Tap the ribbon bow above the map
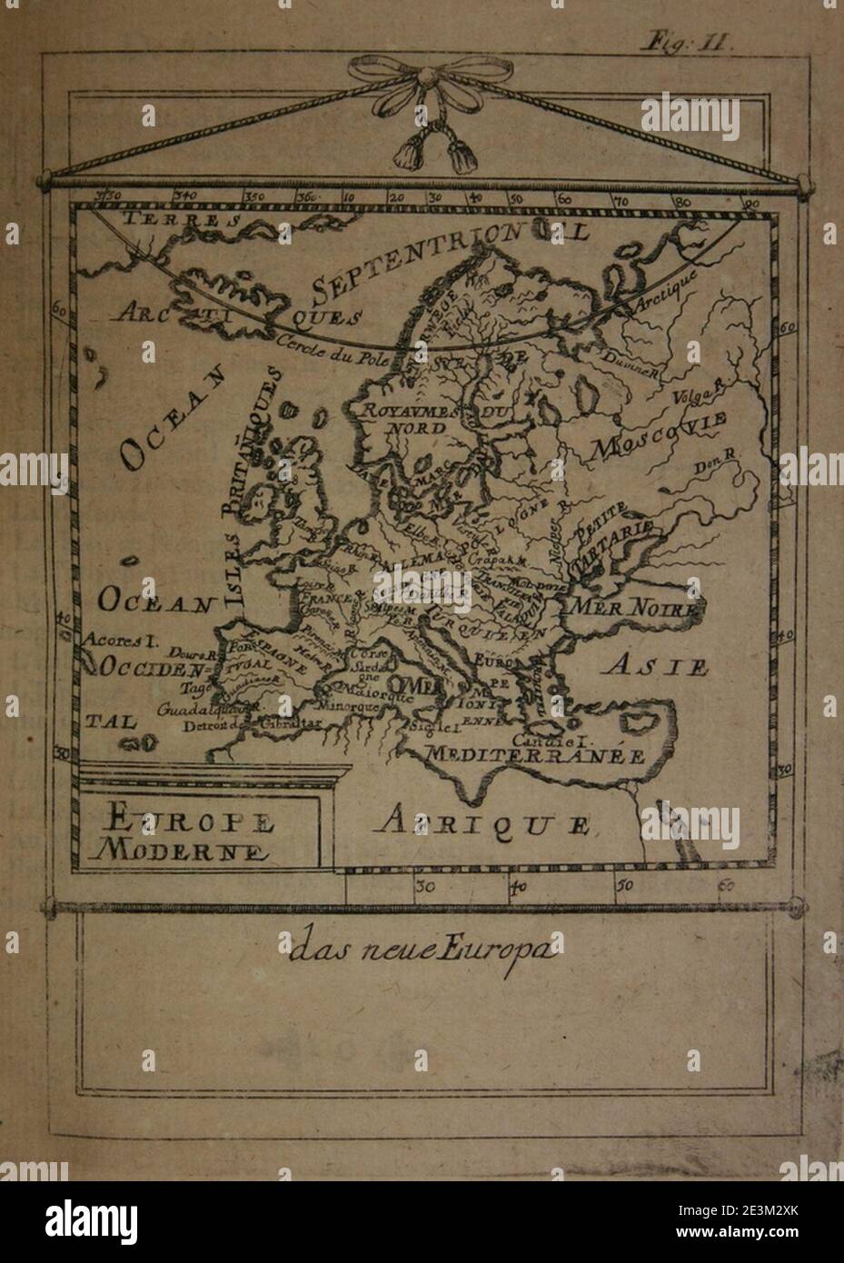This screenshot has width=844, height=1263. coord(421,85)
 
